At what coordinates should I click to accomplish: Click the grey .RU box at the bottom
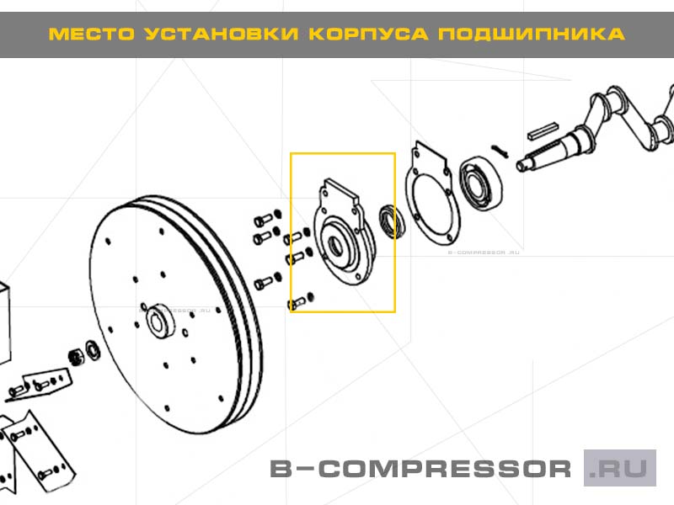[x=620, y=468]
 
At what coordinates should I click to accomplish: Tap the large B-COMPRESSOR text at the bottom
[x=420, y=469]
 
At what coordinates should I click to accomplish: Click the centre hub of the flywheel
[x=158, y=322]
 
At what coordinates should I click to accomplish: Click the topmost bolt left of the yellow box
[x=260, y=220]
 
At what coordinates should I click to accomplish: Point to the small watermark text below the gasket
[x=482, y=252]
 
